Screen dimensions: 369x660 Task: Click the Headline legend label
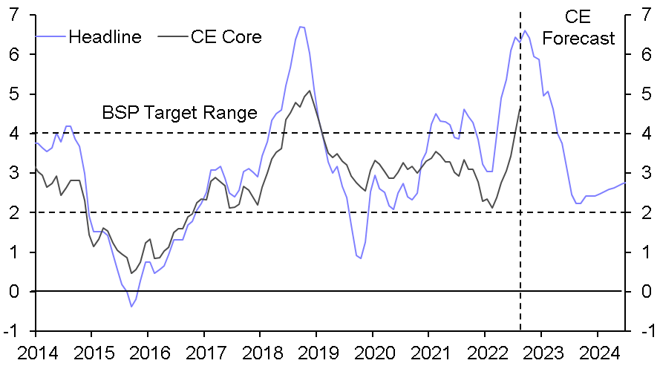105,36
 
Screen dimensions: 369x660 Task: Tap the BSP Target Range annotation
179,113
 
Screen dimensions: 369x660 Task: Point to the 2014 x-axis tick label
36,353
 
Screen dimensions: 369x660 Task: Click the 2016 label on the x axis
148,353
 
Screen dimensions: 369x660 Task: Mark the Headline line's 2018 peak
301,27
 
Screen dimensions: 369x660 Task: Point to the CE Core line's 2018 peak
310,91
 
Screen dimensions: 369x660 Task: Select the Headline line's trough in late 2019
360,258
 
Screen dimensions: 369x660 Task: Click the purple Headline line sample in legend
51,36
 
